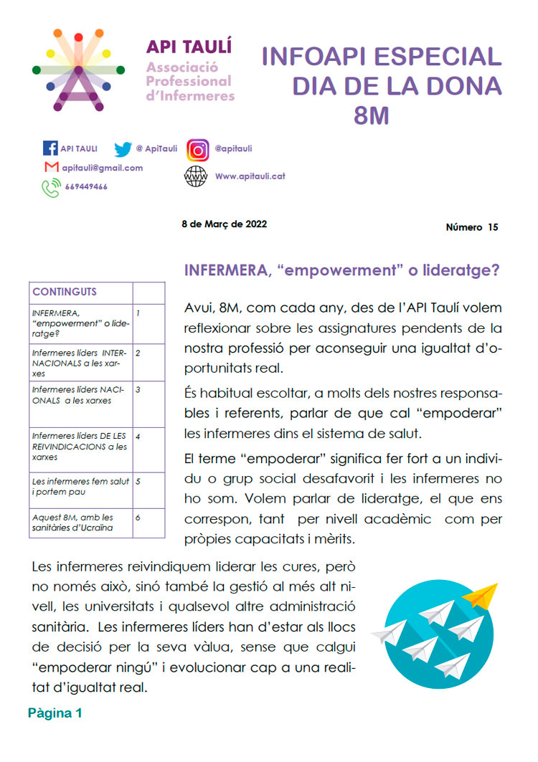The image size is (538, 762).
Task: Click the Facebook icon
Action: point(50,148)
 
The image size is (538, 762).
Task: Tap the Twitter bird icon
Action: point(123,149)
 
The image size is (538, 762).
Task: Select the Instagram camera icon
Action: point(198,150)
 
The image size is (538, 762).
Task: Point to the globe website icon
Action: point(195,176)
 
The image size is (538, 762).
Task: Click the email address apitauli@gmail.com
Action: point(102,168)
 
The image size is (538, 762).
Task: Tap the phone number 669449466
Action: point(86,186)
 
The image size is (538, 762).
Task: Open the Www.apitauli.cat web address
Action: point(250,176)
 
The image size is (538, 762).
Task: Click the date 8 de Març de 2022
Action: point(225,224)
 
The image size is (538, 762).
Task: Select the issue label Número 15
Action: point(471,228)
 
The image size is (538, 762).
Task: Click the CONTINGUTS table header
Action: point(65,292)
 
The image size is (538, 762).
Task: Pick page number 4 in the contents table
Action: point(138,436)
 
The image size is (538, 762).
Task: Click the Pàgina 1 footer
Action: point(55,713)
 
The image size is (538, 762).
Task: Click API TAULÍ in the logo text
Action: point(179,47)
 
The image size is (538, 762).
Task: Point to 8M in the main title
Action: point(372,115)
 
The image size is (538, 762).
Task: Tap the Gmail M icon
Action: point(51,168)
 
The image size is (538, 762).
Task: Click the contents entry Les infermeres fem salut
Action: point(80,487)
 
